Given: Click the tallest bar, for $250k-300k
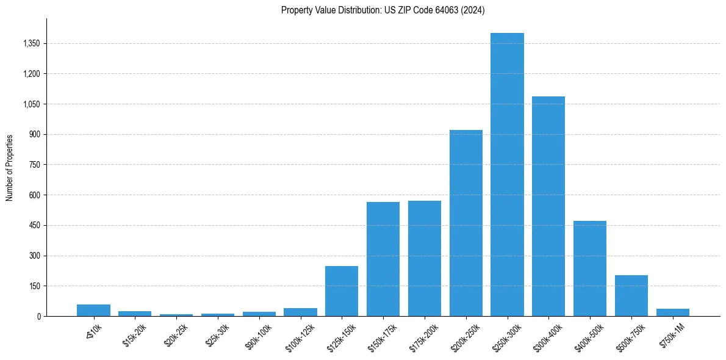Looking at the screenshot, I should (x=507, y=175).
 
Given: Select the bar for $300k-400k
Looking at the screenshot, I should (x=548, y=206).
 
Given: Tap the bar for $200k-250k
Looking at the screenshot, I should (x=465, y=223).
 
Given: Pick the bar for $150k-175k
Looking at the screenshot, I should (x=383, y=259).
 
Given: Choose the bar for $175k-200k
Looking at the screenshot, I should (x=425, y=258).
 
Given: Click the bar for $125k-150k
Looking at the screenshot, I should (x=342, y=291).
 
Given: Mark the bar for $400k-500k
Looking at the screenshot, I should (x=590, y=268).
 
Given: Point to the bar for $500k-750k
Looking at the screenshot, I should (x=631, y=295).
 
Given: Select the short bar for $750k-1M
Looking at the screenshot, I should (x=673, y=312).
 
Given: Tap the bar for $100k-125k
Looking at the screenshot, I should (x=300, y=312).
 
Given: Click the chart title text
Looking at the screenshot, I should (x=383, y=10).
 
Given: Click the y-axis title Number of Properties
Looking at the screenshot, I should (x=10, y=167).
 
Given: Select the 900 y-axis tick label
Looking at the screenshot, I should (x=34, y=134).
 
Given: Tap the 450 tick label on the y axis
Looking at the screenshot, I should (x=34, y=225).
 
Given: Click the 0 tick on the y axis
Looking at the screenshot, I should (x=38, y=316).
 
